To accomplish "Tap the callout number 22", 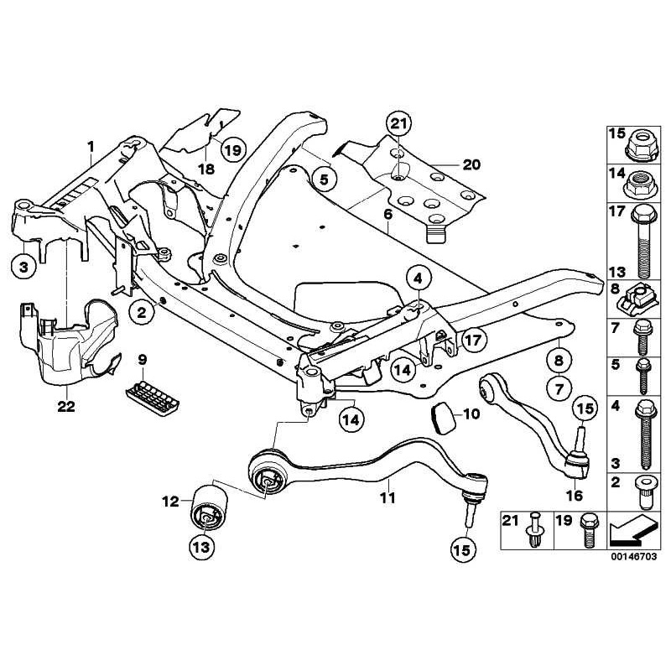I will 66,407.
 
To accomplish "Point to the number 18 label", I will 205,169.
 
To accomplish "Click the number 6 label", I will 388,216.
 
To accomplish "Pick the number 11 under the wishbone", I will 387,497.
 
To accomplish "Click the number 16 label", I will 575,496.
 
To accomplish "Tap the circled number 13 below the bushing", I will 204,547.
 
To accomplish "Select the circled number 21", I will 400,125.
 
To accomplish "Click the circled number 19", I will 232,150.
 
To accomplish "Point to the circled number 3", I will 23,268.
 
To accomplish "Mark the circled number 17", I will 473,340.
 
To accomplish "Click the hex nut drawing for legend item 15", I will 642,148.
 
